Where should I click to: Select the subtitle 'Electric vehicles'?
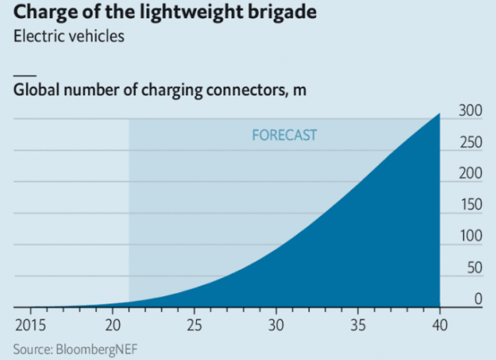(x=69, y=37)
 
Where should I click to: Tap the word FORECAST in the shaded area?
(x=284, y=134)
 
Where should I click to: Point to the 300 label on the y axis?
(x=469, y=110)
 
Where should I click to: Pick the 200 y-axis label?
(x=469, y=173)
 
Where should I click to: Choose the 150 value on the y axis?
(x=469, y=205)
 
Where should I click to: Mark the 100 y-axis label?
(x=469, y=237)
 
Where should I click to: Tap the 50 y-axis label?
(x=472, y=269)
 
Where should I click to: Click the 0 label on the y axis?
(x=476, y=300)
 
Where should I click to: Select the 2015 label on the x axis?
(x=29, y=323)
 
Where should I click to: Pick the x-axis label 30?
(x=276, y=323)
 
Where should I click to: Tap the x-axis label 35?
(x=358, y=323)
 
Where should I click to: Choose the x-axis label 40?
(x=440, y=323)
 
